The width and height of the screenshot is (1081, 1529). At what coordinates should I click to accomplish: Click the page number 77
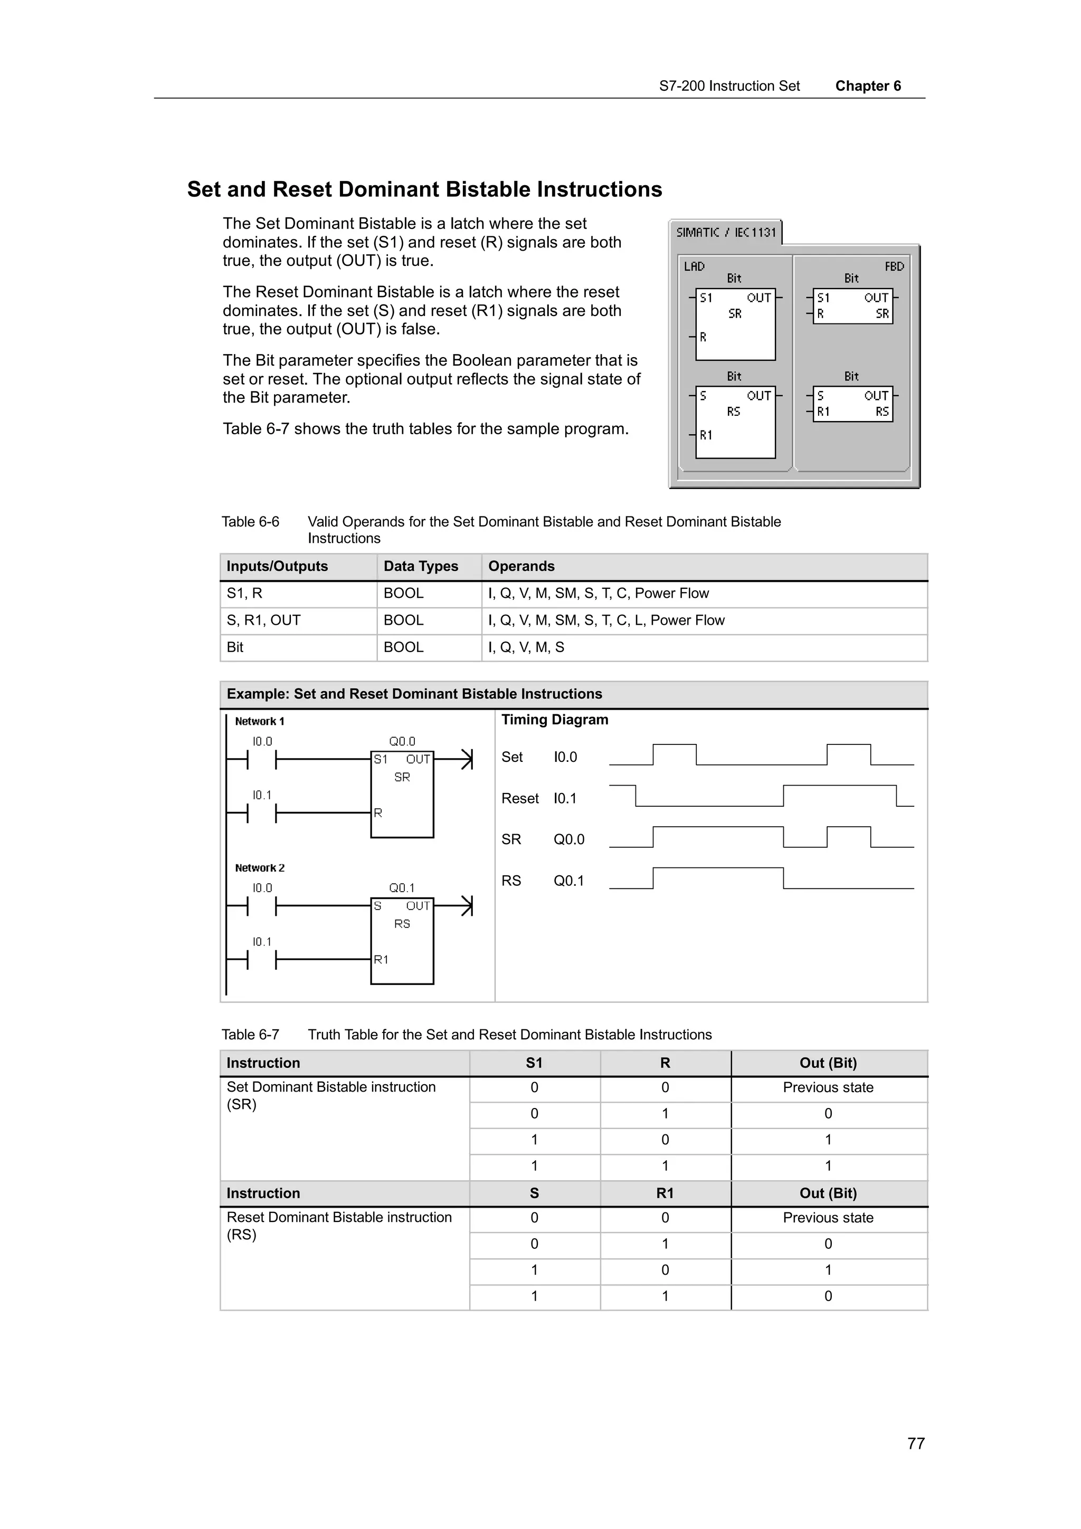pos(915,1443)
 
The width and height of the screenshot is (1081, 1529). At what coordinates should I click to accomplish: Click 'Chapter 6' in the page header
pos(867,86)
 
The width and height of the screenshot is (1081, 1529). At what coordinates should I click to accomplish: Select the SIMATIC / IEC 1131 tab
pos(725,233)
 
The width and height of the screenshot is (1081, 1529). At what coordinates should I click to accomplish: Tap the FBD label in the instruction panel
pos(893,266)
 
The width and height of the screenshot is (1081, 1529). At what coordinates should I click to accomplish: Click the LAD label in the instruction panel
pos(694,266)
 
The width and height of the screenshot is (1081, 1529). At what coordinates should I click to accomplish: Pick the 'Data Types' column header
pos(420,566)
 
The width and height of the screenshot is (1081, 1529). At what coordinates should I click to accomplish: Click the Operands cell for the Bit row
pos(526,647)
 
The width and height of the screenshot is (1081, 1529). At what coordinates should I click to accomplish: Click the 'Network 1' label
pos(259,721)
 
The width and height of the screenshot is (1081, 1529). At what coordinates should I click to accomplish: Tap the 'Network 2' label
pos(259,868)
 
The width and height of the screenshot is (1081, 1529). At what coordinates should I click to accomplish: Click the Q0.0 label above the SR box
pos(402,741)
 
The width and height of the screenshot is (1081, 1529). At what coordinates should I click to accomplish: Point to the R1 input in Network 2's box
pos(381,960)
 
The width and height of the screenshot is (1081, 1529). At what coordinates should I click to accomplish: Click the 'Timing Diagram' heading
pos(554,720)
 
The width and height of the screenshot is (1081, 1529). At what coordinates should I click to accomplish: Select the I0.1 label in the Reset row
pos(565,798)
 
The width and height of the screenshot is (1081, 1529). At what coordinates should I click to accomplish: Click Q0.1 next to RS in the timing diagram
pos(568,881)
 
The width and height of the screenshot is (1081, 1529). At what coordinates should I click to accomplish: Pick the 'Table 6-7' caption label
pos(250,1034)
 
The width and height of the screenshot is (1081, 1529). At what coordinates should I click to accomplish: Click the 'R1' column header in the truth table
pos(665,1193)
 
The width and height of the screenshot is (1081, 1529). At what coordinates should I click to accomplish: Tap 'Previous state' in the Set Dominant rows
pos(827,1087)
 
